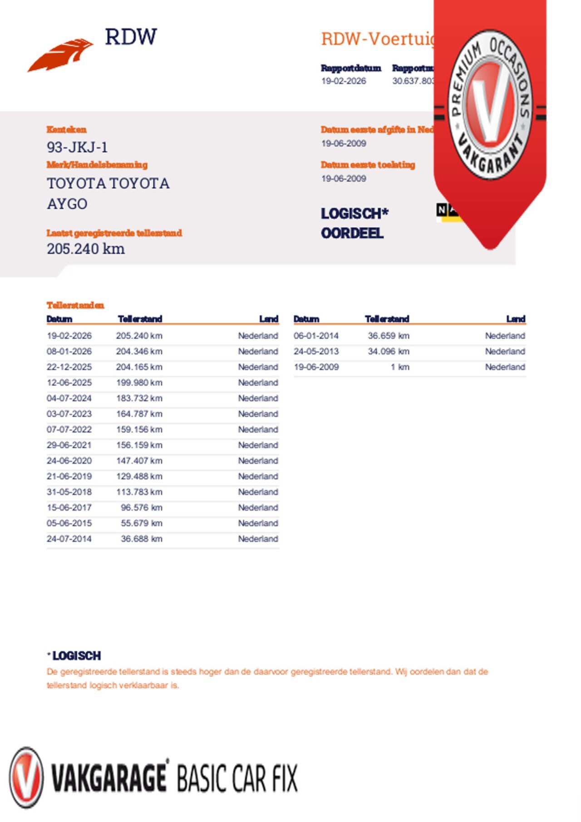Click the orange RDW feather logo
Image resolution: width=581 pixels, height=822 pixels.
tap(60, 55)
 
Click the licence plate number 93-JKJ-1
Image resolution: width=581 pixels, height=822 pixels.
tap(77, 148)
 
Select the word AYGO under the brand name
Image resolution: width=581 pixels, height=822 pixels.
tap(67, 204)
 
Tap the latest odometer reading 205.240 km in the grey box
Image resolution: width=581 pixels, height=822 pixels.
tap(86, 249)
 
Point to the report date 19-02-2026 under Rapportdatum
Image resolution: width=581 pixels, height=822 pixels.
tap(344, 81)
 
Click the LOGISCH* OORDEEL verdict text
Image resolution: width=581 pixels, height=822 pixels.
tap(354, 223)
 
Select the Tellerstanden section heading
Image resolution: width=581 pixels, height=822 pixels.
tap(75, 305)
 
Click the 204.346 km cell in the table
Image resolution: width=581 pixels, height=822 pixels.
tap(139, 351)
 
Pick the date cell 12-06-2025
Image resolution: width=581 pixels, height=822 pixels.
tap(69, 383)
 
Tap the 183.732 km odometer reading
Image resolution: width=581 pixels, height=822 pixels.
tap(139, 398)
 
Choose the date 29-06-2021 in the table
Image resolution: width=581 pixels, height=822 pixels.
tap(69, 445)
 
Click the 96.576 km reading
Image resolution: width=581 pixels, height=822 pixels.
tap(141, 507)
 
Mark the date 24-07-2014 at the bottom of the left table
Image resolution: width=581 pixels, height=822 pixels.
tap(69, 539)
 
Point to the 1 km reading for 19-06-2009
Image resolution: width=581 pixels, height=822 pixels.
tap(399, 367)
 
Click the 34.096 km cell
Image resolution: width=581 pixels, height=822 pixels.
tap(389, 351)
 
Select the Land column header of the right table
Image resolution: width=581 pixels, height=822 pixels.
tap(516, 319)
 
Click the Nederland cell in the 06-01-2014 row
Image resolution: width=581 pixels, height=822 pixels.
tap(505, 336)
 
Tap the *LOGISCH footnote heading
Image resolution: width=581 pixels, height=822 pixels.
tap(75, 656)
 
